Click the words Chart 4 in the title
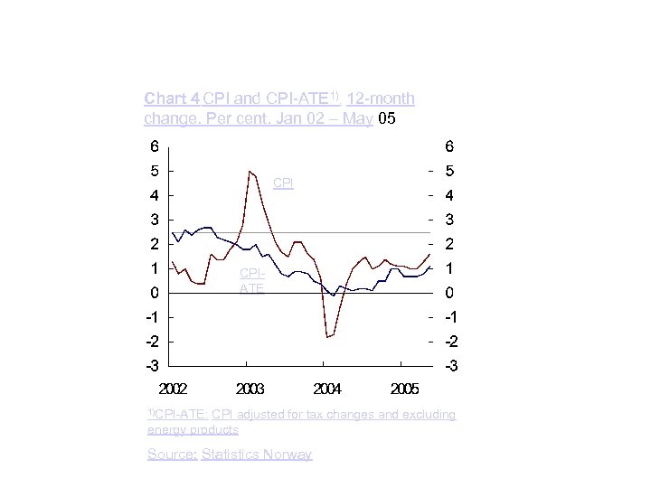pos(173,98)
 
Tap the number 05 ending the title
pos(385,118)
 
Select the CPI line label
pos(283,183)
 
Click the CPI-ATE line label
pos(252,280)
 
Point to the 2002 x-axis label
pos(174,389)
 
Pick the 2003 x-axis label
pos(250,389)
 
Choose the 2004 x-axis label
pos(327,389)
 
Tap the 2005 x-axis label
pos(404,389)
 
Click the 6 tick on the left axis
pos(155,145)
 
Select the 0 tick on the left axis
pos(155,293)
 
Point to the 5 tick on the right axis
pos(450,170)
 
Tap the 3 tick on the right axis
pos(450,219)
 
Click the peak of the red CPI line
pos(250,171)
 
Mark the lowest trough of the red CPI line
pos(327,337)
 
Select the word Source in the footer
pos(171,455)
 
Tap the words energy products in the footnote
pos(193,429)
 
